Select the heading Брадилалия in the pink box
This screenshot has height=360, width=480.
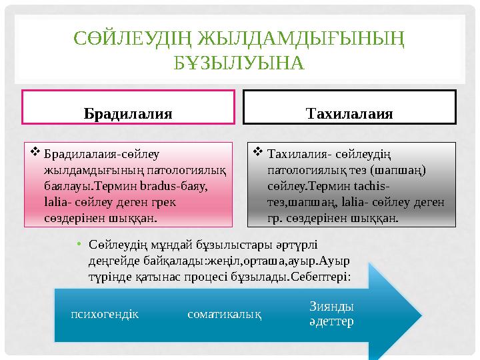(128, 113)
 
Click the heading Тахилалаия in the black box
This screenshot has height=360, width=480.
(349, 113)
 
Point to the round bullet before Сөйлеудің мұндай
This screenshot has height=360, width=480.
(79, 245)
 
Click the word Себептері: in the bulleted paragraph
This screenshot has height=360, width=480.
(322, 274)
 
